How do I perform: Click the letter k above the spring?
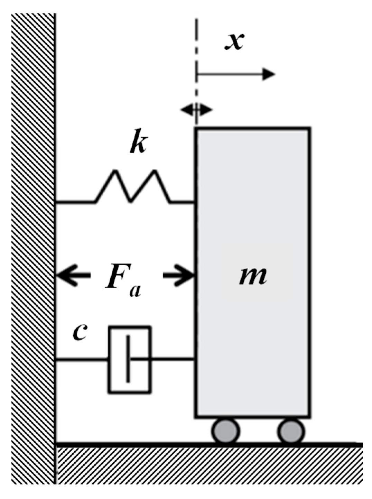pos(139,141)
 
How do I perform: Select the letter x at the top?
pos(234,41)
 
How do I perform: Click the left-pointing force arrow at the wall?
pos(73,275)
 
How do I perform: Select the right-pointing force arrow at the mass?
pos(179,275)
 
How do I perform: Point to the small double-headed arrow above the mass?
pos(197,110)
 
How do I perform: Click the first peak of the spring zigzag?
pos(115,170)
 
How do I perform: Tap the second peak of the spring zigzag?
pos(155,170)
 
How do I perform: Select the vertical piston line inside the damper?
pos(128,359)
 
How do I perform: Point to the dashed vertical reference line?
pos(197,71)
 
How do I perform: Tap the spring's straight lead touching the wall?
pos(75,202)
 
